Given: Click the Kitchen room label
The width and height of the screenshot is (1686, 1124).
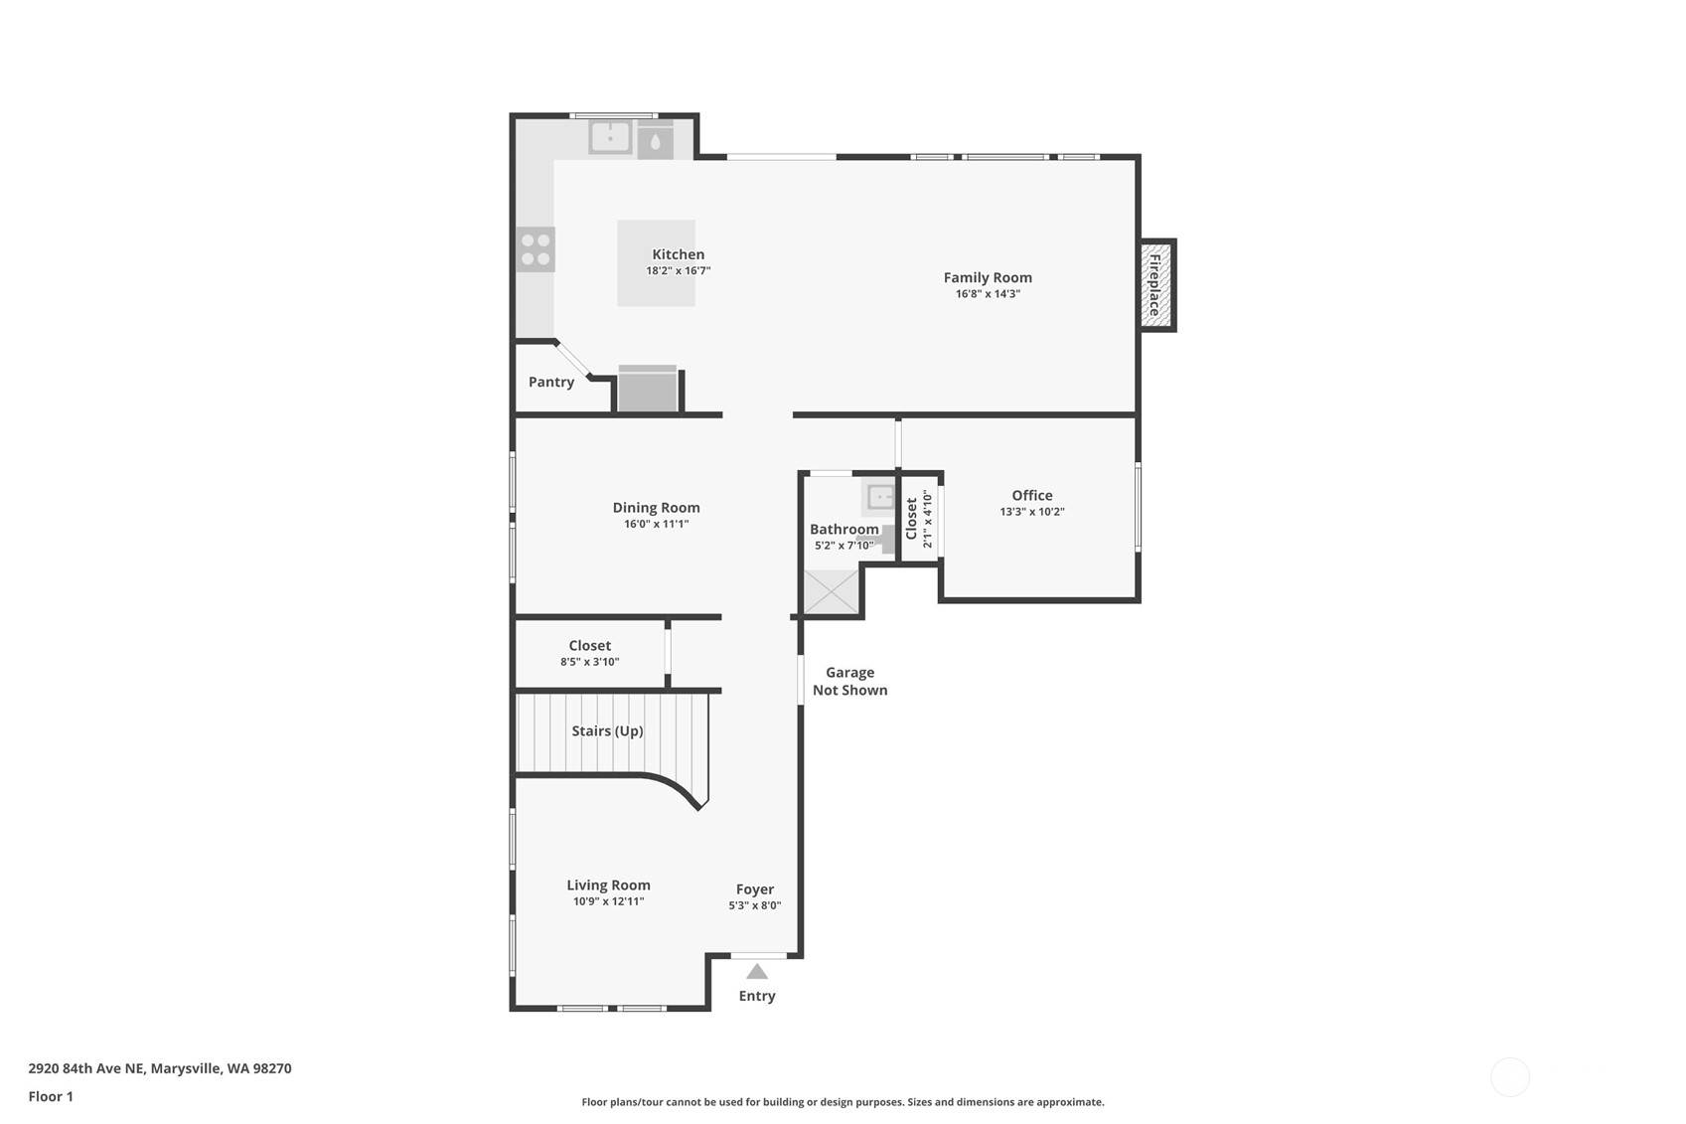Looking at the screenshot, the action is (x=679, y=254).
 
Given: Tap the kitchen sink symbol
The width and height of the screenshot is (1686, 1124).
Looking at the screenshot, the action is (x=610, y=138).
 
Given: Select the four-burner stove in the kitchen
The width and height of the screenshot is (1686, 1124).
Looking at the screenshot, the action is (x=536, y=249).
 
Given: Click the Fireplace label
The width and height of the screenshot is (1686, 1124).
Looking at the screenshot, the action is (x=1154, y=285).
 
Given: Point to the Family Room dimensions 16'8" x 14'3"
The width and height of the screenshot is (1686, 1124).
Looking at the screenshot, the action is (x=988, y=293).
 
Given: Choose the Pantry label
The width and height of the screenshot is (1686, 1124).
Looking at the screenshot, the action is (x=551, y=382).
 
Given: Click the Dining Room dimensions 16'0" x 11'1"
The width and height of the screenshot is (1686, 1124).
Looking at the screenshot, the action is (x=657, y=524).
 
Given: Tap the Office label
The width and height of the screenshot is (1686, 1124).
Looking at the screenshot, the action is (x=1032, y=495).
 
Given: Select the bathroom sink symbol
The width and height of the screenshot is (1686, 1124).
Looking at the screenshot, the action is (x=879, y=497).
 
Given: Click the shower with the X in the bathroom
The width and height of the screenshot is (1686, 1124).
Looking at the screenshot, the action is (x=832, y=591).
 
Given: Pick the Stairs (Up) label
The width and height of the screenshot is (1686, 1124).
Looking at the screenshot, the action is (x=607, y=731).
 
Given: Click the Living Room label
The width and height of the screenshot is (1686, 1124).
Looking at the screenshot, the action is (x=608, y=885).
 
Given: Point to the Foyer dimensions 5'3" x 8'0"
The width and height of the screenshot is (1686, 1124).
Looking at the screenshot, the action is (x=755, y=905).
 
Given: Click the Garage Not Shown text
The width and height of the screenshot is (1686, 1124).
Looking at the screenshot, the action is (x=849, y=682).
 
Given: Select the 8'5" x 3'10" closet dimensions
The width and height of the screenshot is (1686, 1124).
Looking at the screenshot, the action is (x=589, y=662).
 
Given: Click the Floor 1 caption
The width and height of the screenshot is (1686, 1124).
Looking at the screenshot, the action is (x=52, y=1096).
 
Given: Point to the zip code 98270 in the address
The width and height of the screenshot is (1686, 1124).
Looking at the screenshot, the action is (x=271, y=1068).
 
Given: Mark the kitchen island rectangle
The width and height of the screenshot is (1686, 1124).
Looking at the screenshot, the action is (x=657, y=262).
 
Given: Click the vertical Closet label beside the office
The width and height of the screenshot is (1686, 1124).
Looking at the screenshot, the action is (x=911, y=518).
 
